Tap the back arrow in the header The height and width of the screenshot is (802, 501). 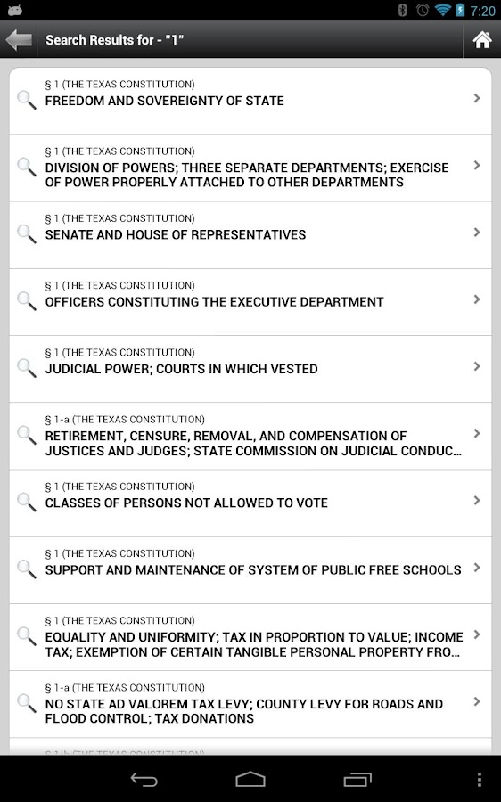click(x=19, y=40)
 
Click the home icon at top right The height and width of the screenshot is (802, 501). click(x=481, y=40)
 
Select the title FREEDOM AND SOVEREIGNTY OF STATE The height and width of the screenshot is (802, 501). click(x=164, y=102)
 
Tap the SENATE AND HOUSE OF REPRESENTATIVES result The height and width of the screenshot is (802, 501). click(x=176, y=235)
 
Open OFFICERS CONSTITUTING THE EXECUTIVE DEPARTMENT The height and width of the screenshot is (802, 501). click(x=214, y=302)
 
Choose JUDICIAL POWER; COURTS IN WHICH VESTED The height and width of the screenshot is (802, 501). click(x=181, y=369)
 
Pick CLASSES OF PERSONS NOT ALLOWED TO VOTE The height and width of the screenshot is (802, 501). click(x=186, y=503)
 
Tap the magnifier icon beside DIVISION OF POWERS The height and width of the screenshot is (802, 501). click(x=27, y=167)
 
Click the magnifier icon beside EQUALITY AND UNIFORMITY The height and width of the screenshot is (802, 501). click(x=27, y=635)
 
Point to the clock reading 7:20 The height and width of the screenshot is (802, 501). click(x=482, y=11)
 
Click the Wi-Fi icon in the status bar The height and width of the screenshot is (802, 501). click(x=442, y=11)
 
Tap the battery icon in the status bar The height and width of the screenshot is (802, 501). click(x=460, y=11)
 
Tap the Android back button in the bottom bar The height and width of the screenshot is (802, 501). click(x=144, y=780)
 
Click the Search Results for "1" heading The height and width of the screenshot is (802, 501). click(x=114, y=40)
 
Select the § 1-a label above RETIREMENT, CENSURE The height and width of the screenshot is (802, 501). click(x=125, y=420)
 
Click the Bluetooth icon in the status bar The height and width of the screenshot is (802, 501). click(x=403, y=11)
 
